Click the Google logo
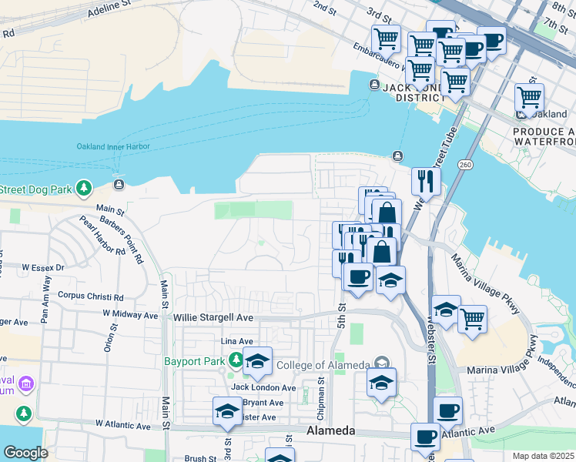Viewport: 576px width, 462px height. (25, 453)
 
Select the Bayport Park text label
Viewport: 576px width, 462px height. (193, 360)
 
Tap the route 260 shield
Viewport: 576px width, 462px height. (464, 165)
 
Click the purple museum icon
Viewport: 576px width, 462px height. (24, 383)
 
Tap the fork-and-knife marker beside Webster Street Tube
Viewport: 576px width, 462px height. (426, 182)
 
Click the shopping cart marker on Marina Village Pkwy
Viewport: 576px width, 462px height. (472, 317)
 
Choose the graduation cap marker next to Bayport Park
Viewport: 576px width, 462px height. (257, 360)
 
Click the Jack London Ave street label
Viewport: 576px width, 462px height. (263, 387)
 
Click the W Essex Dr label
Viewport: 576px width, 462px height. (43, 267)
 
